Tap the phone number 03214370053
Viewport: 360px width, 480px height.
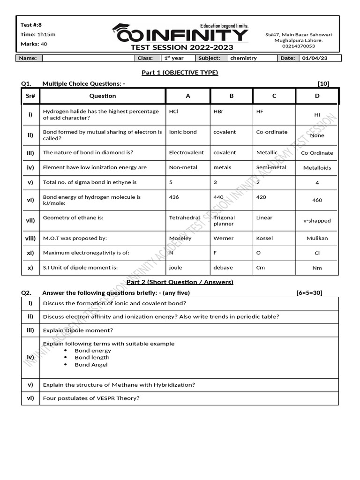pyautogui.click(x=298, y=46)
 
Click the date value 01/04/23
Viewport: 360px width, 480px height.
pyautogui.click(x=315, y=58)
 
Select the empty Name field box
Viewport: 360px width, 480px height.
pyautogui.click(x=88, y=58)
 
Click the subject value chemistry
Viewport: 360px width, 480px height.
pyautogui.click(x=243, y=58)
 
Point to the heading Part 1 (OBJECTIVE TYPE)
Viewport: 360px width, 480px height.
pyautogui.click(x=180, y=72)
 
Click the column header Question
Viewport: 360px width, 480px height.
pyautogui.click(x=103, y=96)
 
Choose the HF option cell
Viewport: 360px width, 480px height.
pyautogui.click(x=260, y=112)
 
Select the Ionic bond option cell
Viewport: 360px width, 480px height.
pyautogui.click(x=183, y=132)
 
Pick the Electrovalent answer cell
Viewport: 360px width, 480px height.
pyautogui.click(x=186, y=152)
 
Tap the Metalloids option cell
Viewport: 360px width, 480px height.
pyautogui.click(x=317, y=167)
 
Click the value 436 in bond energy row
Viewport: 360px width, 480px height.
pyautogui.click(x=174, y=197)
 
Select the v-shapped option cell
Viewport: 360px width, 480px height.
pyautogui.click(x=317, y=220)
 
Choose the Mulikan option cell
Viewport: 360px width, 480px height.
pyautogui.click(x=317, y=238)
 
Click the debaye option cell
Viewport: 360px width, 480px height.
pyautogui.click(x=223, y=268)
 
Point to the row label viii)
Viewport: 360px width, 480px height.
pyautogui.click(x=30, y=238)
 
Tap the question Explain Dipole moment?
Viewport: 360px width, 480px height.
pyautogui.click(x=78, y=330)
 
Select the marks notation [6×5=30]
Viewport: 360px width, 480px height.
pyautogui.click(x=309, y=292)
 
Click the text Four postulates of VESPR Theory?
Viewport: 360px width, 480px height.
pyautogui.click(x=91, y=398)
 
